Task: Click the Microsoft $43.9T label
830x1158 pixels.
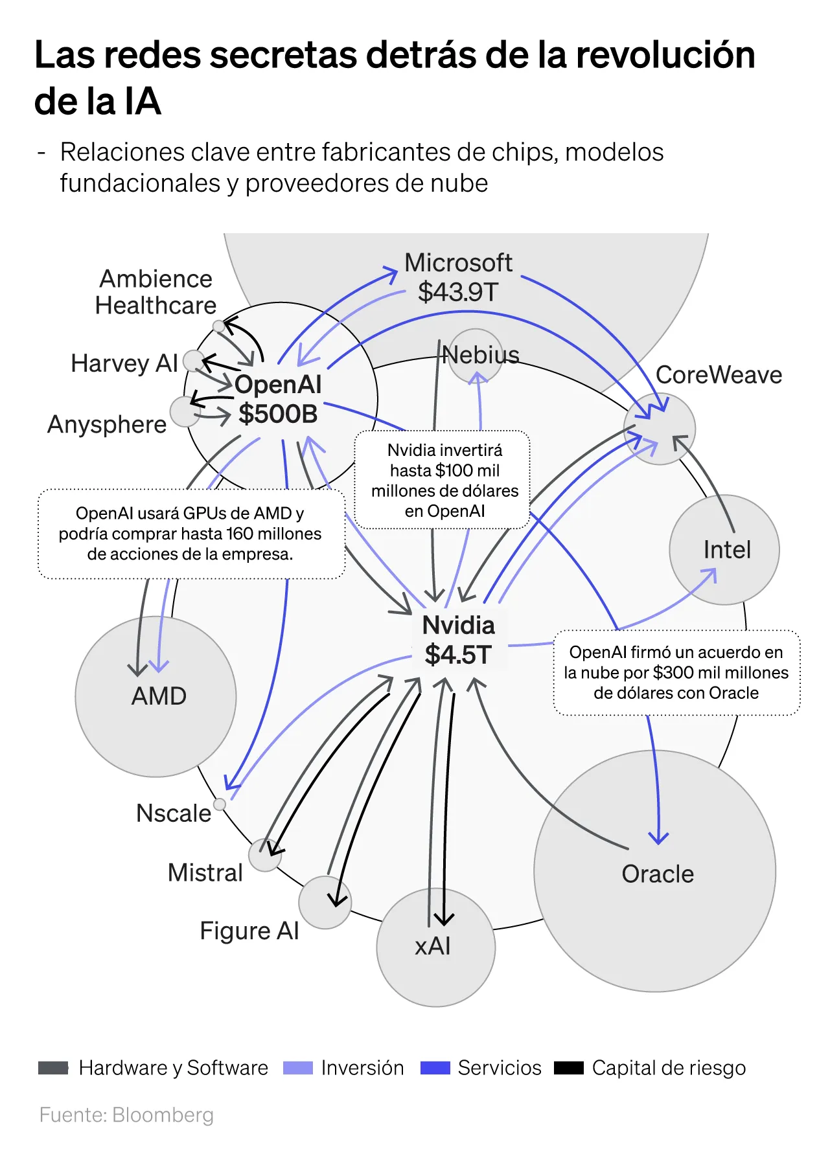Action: (x=458, y=277)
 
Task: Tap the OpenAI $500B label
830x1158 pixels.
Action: (x=278, y=399)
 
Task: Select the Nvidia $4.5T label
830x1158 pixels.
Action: (x=459, y=640)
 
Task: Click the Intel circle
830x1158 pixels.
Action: (x=724, y=550)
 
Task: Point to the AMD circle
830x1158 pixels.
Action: (x=156, y=696)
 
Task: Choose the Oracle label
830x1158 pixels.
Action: (x=658, y=874)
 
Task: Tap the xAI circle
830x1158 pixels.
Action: (x=435, y=947)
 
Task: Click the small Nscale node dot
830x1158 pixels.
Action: (x=220, y=804)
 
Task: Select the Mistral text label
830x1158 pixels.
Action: (x=205, y=872)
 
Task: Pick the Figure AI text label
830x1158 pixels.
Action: (x=249, y=931)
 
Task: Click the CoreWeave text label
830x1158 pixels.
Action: (x=719, y=375)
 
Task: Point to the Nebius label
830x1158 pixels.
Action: (x=481, y=355)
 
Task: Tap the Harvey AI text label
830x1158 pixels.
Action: (x=124, y=363)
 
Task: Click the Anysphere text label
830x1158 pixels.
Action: (x=108, y=424)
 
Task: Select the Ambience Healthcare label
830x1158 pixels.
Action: (x=156, y=292)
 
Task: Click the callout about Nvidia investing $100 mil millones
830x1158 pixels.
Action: (x=444, y=480)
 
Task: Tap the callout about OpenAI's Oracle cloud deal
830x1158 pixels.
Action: (x=676, y=672)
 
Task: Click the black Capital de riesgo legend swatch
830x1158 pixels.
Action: (x=569, y=1068)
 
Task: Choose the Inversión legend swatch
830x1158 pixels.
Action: (x=298, y=1068)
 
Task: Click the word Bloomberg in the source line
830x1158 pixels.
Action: (x=163, y=1115)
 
